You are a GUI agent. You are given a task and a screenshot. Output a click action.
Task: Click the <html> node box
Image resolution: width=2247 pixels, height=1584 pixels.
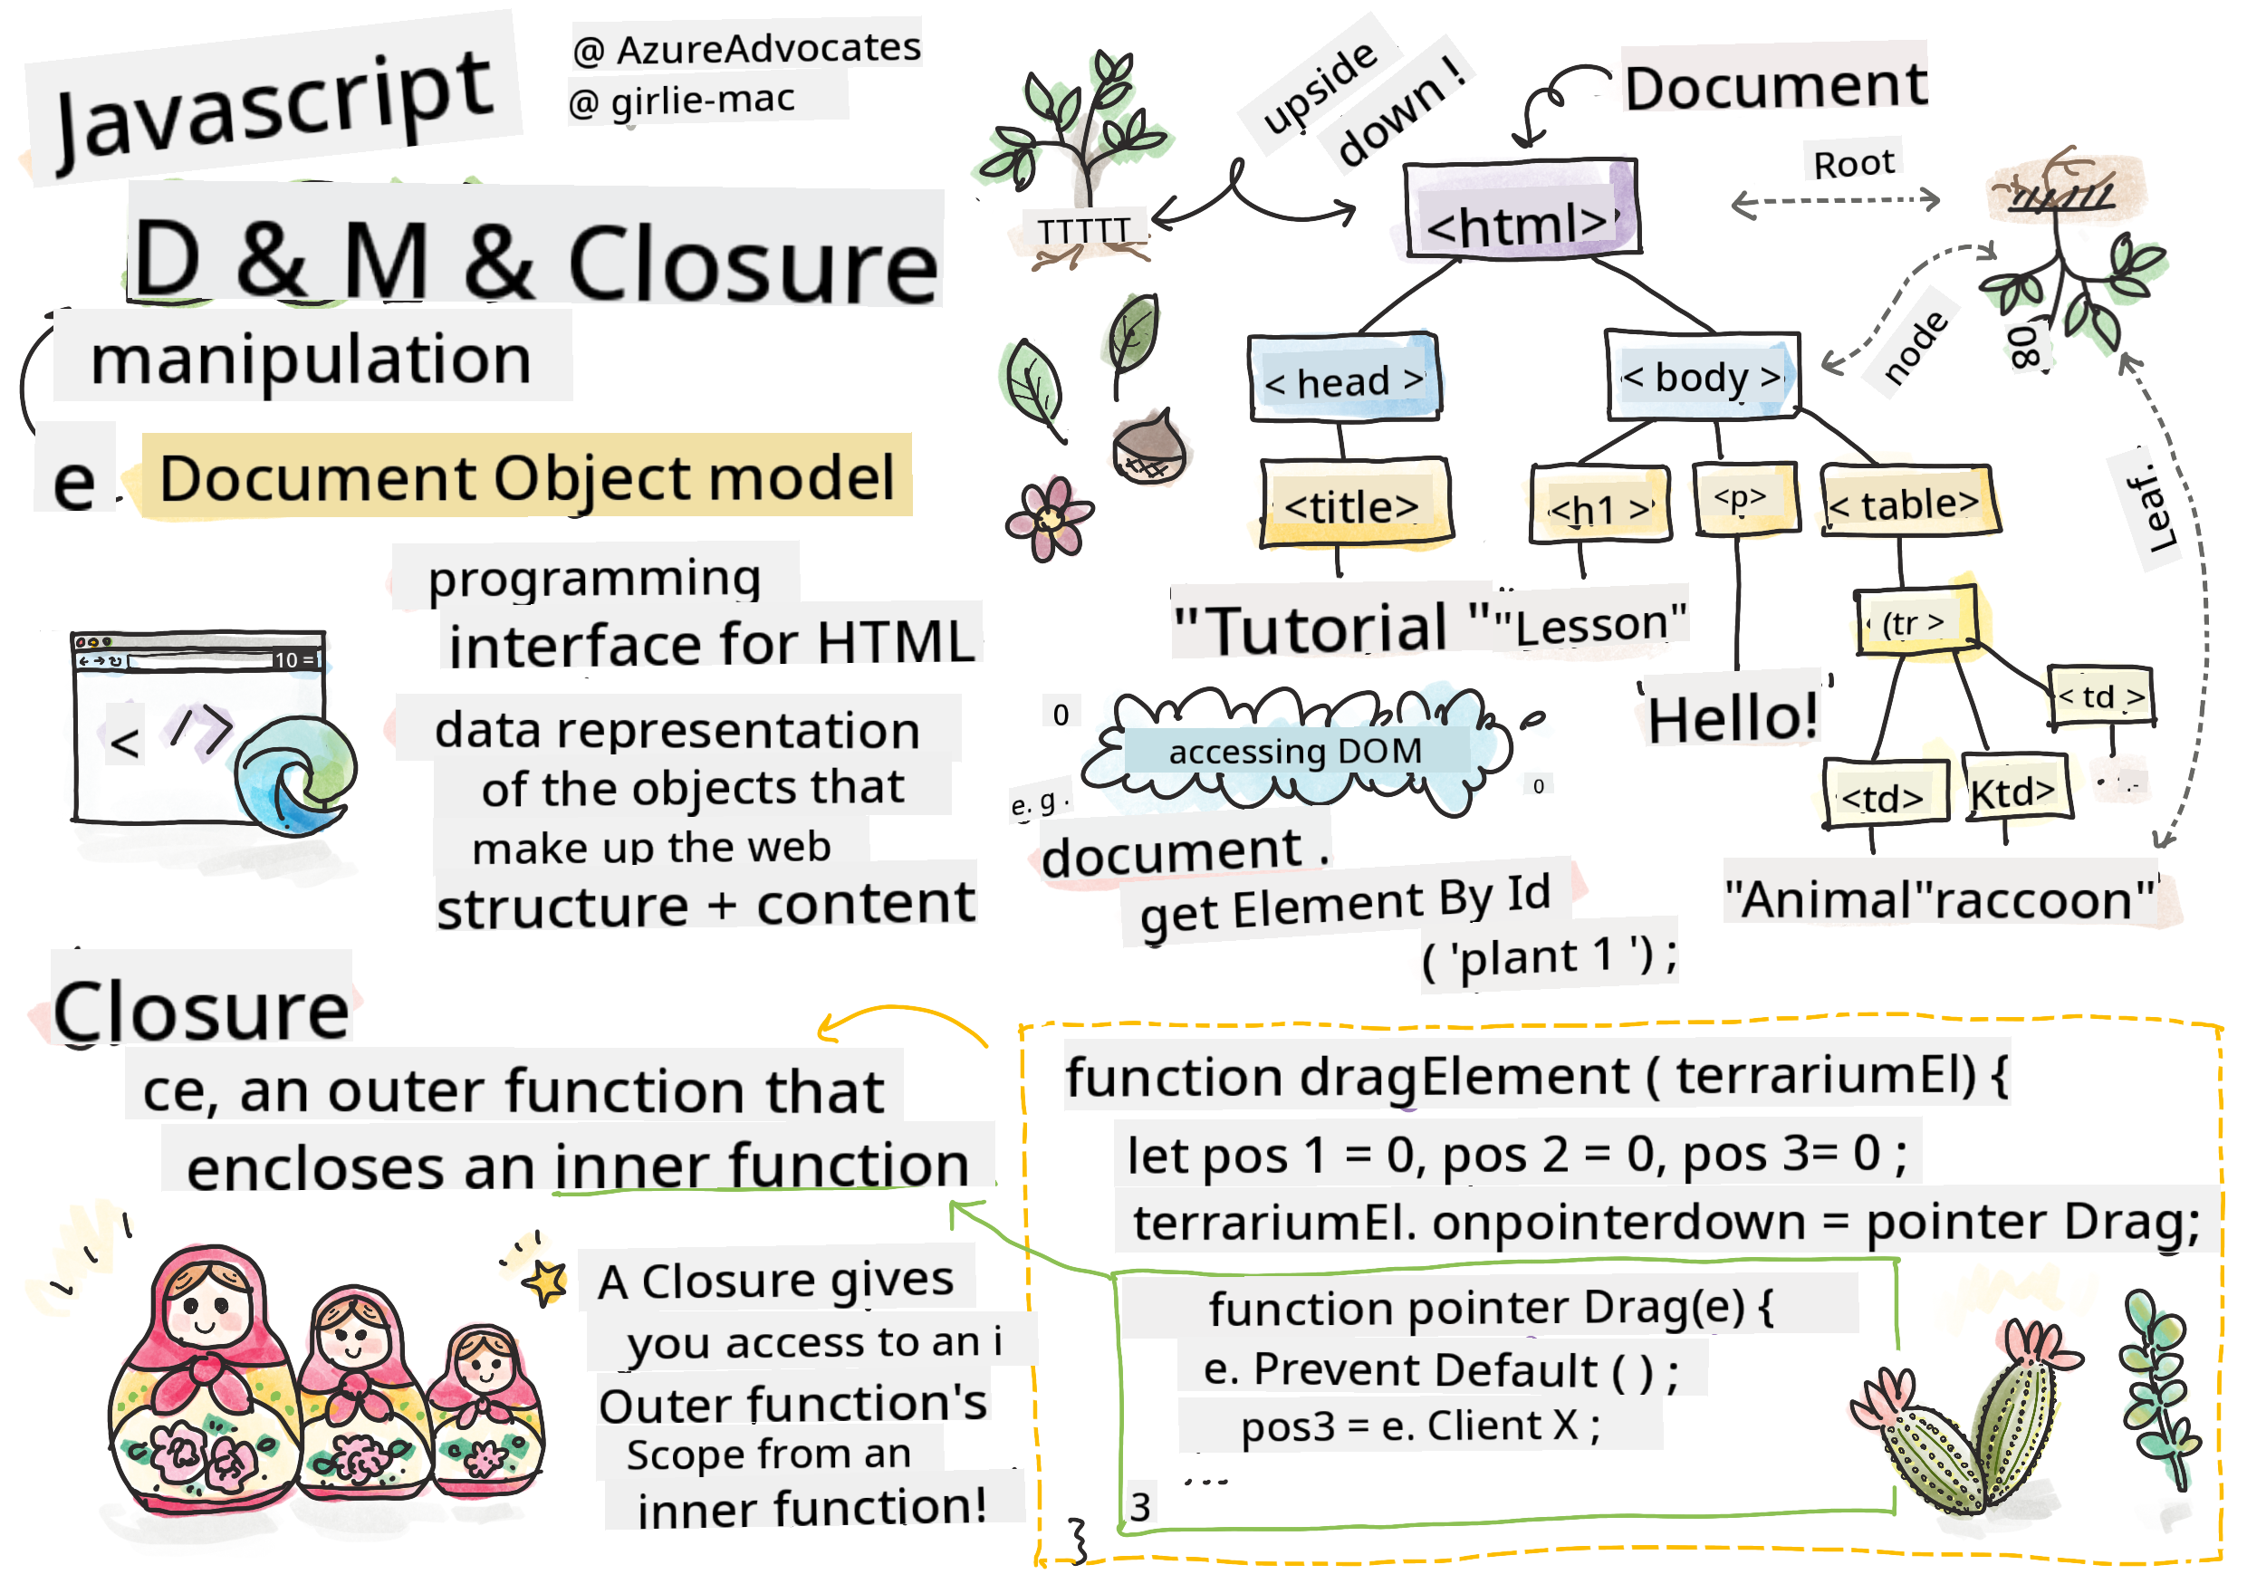[1519, 209]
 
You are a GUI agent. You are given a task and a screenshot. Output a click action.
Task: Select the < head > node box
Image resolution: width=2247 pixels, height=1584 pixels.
[1344, 379]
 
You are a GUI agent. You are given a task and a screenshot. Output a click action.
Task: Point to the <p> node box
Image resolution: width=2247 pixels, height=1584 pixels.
[1743, 499]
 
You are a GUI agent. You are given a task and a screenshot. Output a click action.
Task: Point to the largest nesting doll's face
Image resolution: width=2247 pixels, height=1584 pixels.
[206, 1306]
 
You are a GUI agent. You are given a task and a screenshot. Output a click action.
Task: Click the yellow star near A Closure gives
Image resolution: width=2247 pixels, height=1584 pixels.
[546, 1280]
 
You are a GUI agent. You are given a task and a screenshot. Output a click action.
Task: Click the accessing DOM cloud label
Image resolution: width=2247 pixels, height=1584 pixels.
[1294, 752]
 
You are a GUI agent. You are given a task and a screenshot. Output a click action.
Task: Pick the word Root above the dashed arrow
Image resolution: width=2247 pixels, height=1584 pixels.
[1853, 163]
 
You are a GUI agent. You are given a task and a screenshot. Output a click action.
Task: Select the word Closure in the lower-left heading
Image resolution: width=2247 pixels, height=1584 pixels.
[201, 1010]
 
